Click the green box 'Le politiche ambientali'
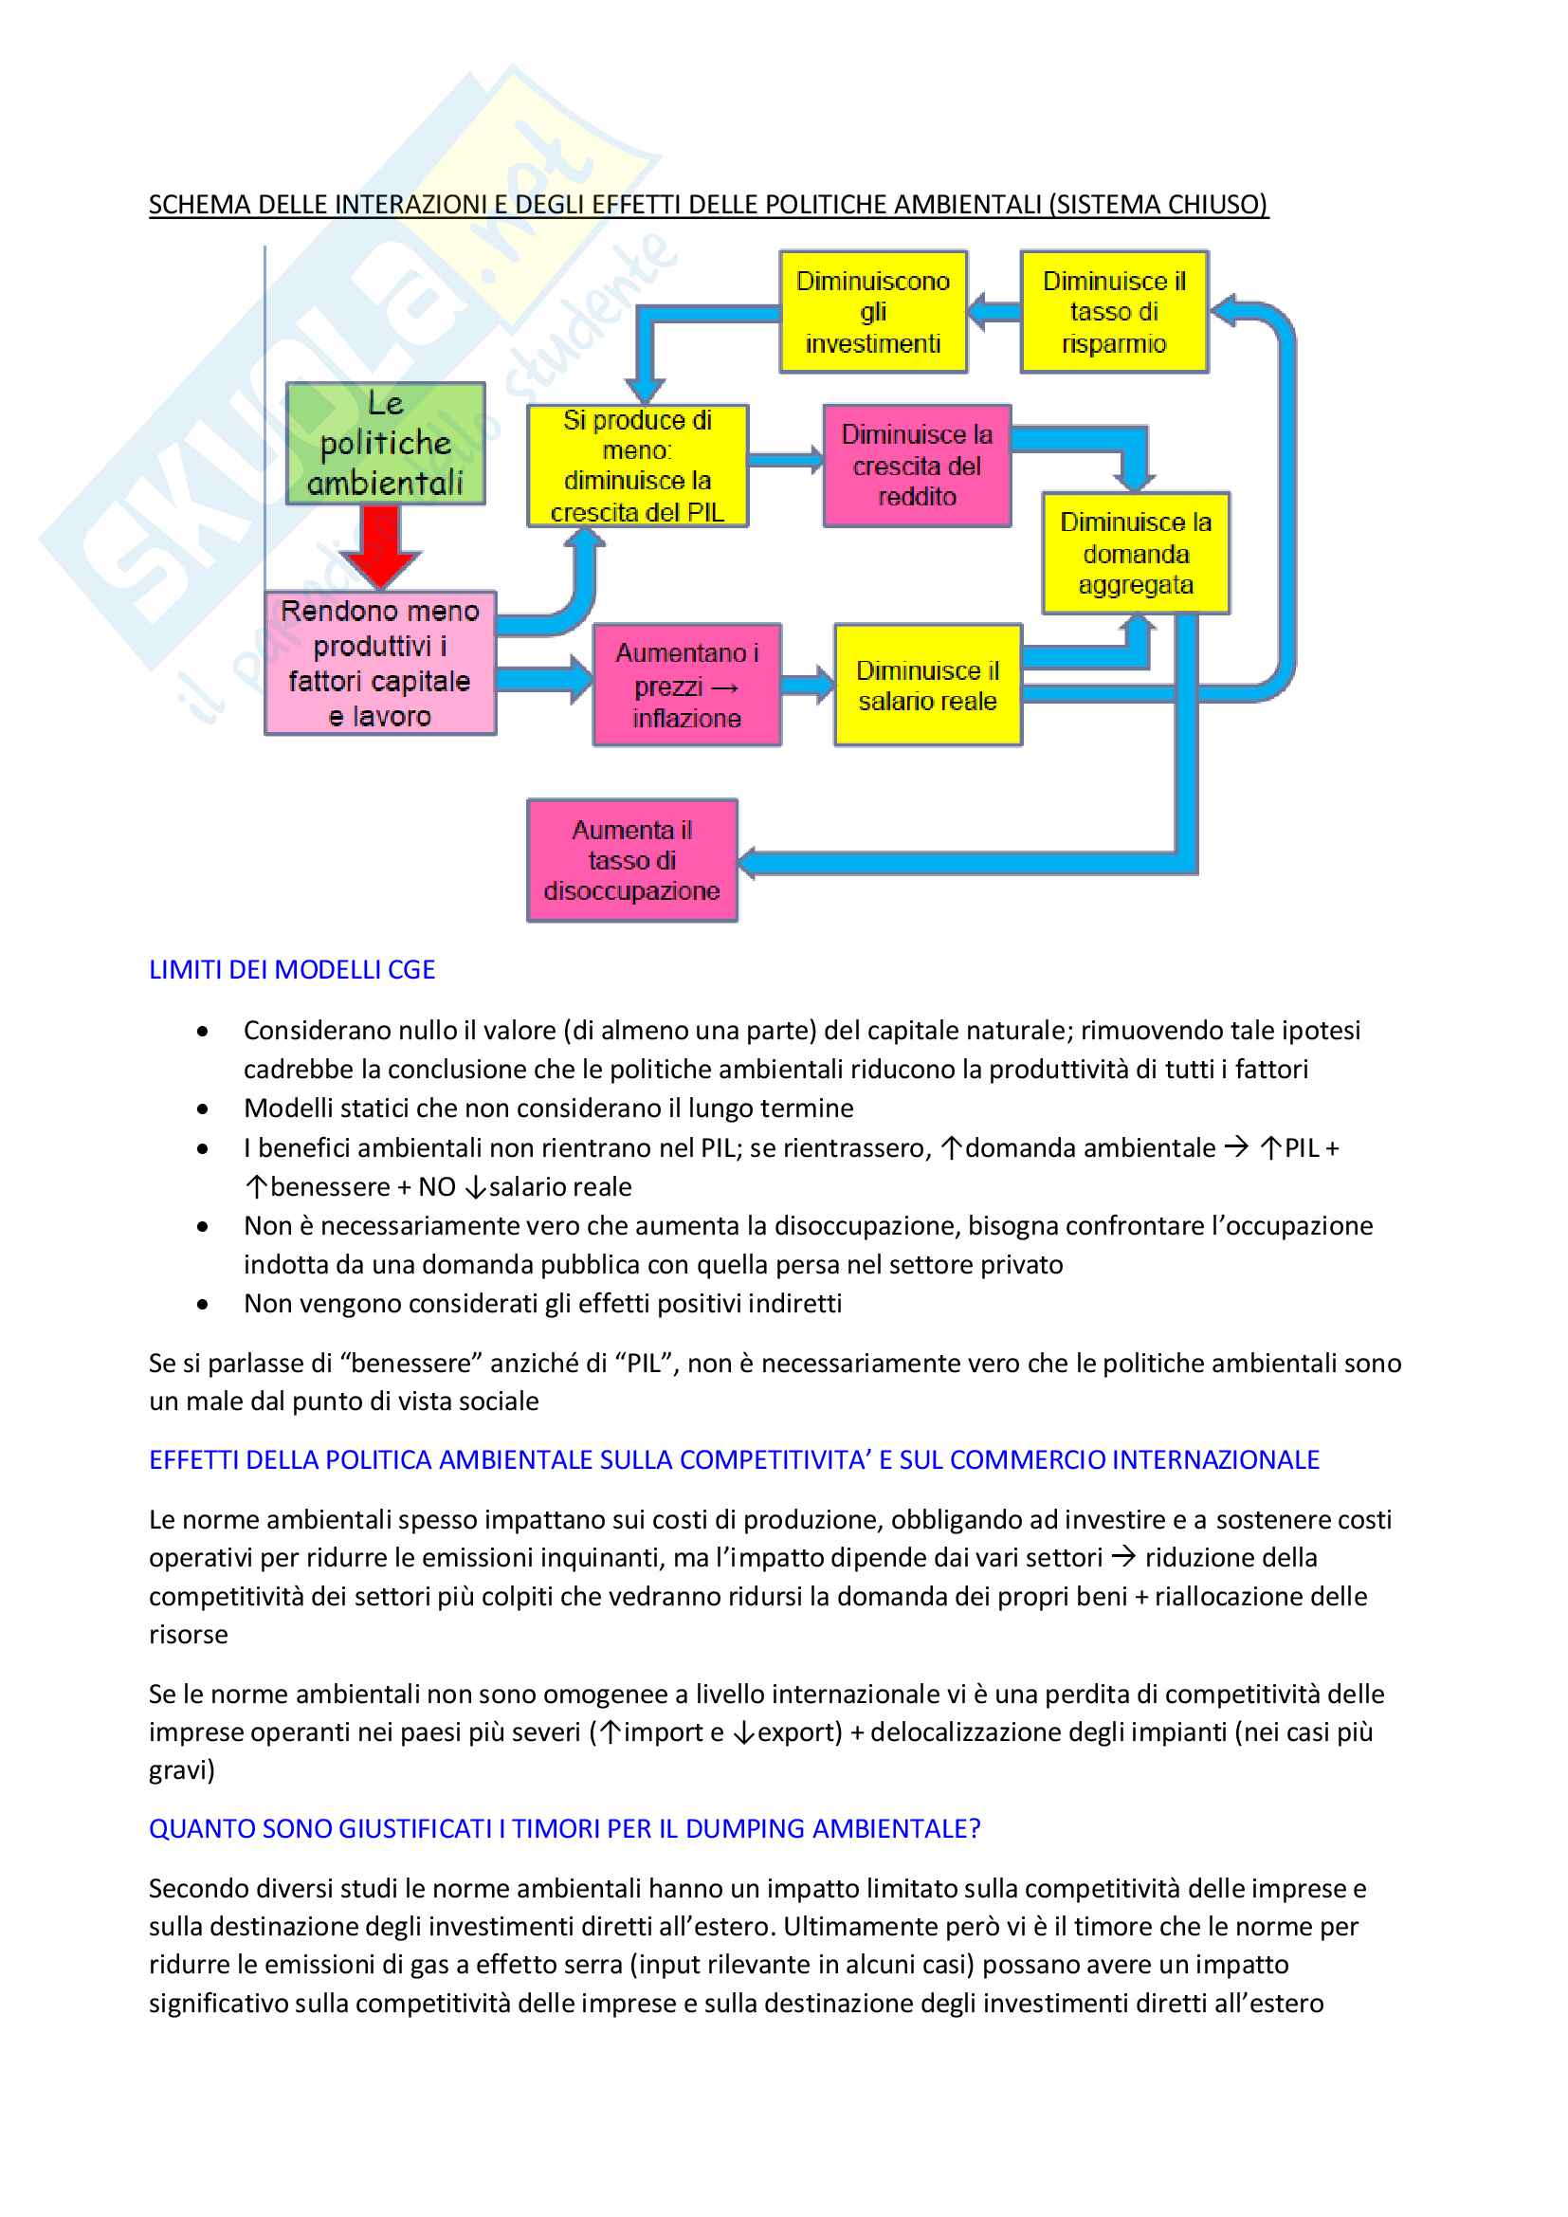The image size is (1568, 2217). tap(385, 443)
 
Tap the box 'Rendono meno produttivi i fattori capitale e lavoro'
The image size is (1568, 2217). tap(380, 664)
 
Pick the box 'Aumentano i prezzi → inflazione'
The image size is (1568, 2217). tap(686, 685)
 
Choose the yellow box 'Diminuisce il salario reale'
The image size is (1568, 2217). tap(927, 685)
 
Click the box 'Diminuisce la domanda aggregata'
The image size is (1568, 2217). tap(1136, 553)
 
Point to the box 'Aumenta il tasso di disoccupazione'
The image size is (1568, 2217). tap(631, 860)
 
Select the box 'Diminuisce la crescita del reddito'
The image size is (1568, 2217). tap(917, 466)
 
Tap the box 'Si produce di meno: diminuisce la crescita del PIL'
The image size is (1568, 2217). tap(637, 466)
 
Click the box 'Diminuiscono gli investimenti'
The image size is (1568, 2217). tap(873, 312)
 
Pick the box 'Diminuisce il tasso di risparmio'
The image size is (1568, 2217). tap(1114, 312)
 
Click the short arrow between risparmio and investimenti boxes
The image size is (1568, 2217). tap(994, 312)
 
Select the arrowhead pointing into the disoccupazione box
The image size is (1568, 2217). tap(752, 862)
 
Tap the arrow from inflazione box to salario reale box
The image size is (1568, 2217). tap(807, 685)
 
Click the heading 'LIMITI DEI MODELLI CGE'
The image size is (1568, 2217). tap(292, 969)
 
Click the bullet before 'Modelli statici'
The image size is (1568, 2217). tap(202, 1109)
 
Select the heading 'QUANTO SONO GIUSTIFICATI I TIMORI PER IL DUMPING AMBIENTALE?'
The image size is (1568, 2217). tap(564, 1829)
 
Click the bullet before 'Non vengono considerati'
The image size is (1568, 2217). tap(202, 1305)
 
